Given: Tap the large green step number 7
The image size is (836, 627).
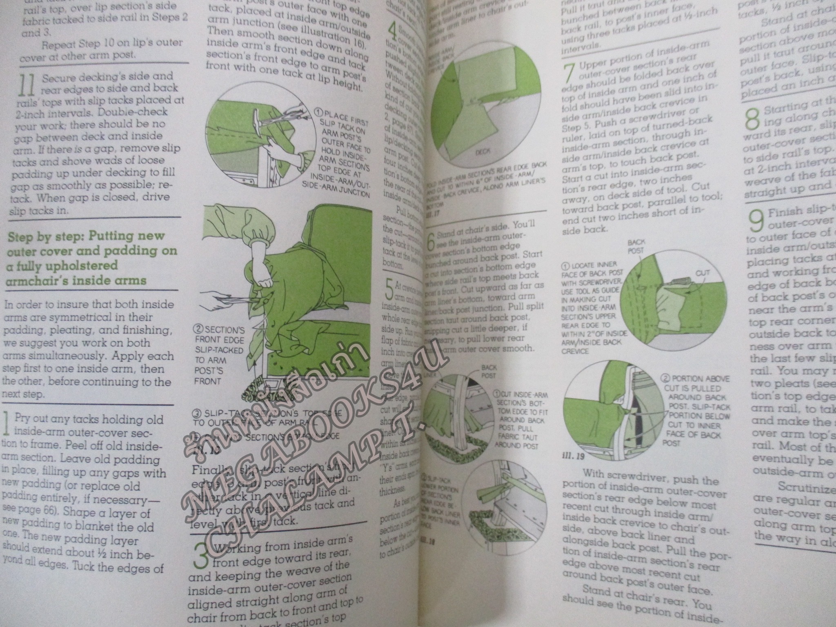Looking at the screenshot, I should pos(568,74).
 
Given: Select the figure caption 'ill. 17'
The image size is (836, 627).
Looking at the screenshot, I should pos(431,213).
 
